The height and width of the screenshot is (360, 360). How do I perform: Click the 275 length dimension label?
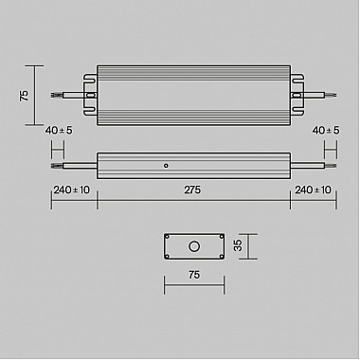pyautogui.click(x=192, y=189)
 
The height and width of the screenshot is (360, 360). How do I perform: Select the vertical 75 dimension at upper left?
pyautogui.click(x=25, y=95)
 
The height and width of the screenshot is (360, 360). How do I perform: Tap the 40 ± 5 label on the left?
pyautogui.click(x=57, y=130)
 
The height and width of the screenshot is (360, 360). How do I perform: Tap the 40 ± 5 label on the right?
pyautogui.click(x=325, y=130)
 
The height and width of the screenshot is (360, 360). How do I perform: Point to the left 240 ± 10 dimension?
pyautogui.click(x=72, y=189)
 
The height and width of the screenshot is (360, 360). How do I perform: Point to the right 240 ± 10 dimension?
pyautogui.click(x=313, y=189)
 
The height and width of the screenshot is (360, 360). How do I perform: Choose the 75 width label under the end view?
pyautogui.click(x=193, y=275)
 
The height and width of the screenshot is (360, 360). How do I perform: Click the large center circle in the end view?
pyautogui.click(x=193, y=246)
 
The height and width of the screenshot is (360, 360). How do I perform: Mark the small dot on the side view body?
pyautogui.click(x=167, y=165)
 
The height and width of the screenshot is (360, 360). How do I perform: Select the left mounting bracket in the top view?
pyautogui.click(x=91, y=95)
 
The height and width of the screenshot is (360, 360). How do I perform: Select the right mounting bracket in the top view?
pyautogui.click(x=296, y=95)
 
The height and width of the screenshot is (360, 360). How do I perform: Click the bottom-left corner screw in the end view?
pyautogui.click(x=168, y=255)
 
